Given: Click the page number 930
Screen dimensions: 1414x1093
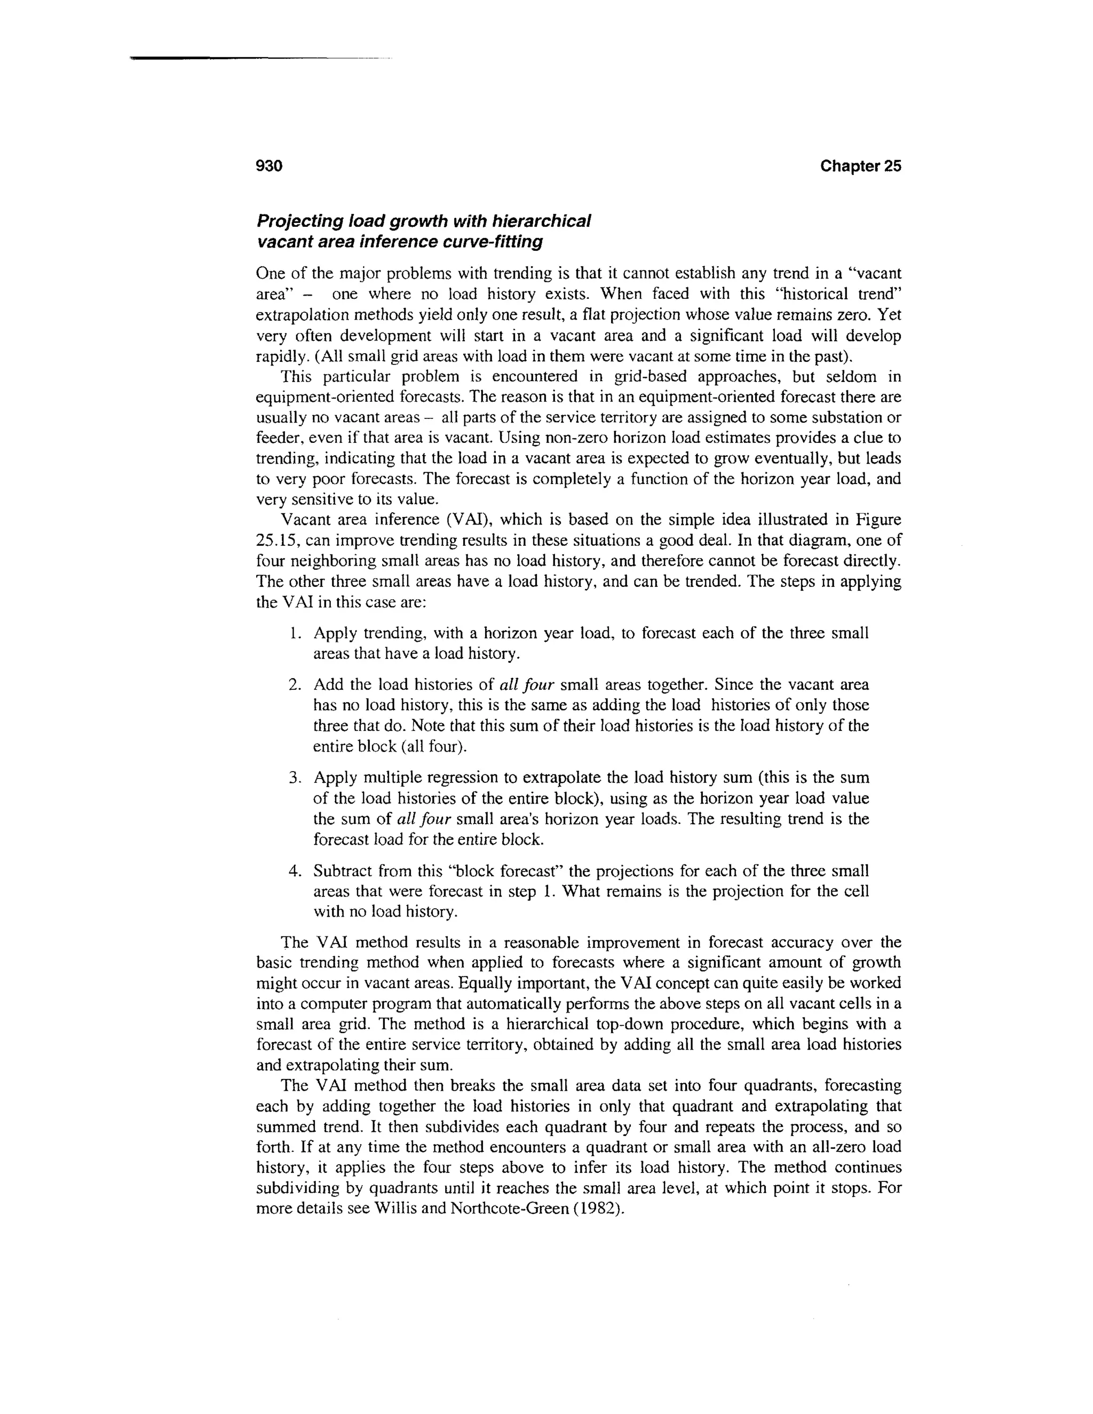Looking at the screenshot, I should [270, 166].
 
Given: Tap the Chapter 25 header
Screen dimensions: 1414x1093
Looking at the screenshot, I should [860, 166].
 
